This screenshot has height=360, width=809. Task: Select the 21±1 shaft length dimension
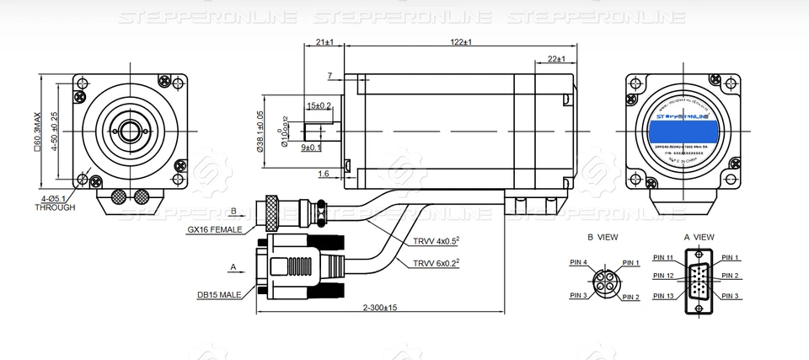point(324,41)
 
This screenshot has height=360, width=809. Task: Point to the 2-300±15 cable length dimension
point(381,308)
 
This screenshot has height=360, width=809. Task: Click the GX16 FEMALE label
point(215,229)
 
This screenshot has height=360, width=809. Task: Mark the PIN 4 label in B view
point(578,262)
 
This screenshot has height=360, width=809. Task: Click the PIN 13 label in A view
point(664,296)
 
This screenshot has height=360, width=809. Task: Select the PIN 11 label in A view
point(664,257)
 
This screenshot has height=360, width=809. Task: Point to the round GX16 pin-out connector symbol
point(604,279)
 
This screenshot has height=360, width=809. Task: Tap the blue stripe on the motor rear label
point(682,131)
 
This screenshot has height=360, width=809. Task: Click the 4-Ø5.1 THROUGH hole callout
point(56,202)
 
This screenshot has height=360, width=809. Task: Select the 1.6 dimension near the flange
point(324,174)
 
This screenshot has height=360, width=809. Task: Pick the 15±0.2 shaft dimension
point(319,105)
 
